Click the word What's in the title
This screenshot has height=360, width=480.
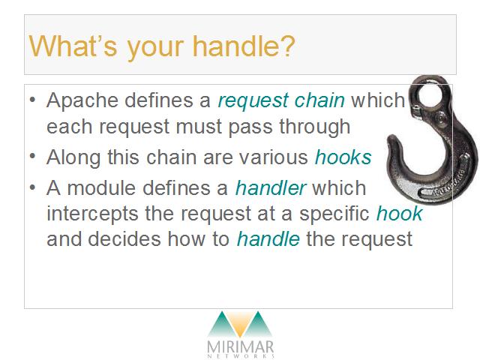[73, 46]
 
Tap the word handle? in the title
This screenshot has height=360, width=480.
[244, 46]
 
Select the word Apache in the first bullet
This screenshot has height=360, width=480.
[82, 100]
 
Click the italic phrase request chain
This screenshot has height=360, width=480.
[281, 101]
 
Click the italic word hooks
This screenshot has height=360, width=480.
[343, 157]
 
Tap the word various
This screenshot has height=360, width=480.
[273, 157]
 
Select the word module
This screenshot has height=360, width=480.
[101, 187]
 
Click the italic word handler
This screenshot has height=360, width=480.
[271, 187]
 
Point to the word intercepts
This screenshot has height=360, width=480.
[92, 214]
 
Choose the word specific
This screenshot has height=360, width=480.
[334, 214]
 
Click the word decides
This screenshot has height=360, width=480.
[124, 239]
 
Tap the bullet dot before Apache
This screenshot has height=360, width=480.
[33, 100]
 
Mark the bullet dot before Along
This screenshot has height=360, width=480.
[33, 157]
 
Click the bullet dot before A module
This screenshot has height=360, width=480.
[33, 187]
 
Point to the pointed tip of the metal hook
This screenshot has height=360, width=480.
[391, 139]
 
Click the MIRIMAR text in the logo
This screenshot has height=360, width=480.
[240, 346]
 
